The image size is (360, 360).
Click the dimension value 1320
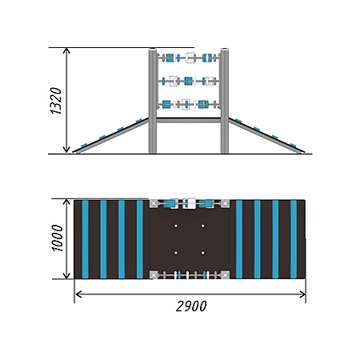[x=56, y=101]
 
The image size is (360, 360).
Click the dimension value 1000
[x=58, y=238]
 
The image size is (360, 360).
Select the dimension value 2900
[x=191, y=306]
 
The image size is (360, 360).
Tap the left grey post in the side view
[x=153, y=101]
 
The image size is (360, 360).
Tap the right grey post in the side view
[x=225, y=101]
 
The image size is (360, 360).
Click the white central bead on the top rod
[x=190, y=58]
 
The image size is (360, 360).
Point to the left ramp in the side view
[x=110, y=135]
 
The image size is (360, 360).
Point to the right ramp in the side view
[x=266, y=135]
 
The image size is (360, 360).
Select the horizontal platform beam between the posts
[x=189, y=120]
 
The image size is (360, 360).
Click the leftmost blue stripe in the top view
[x=86, y=239]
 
